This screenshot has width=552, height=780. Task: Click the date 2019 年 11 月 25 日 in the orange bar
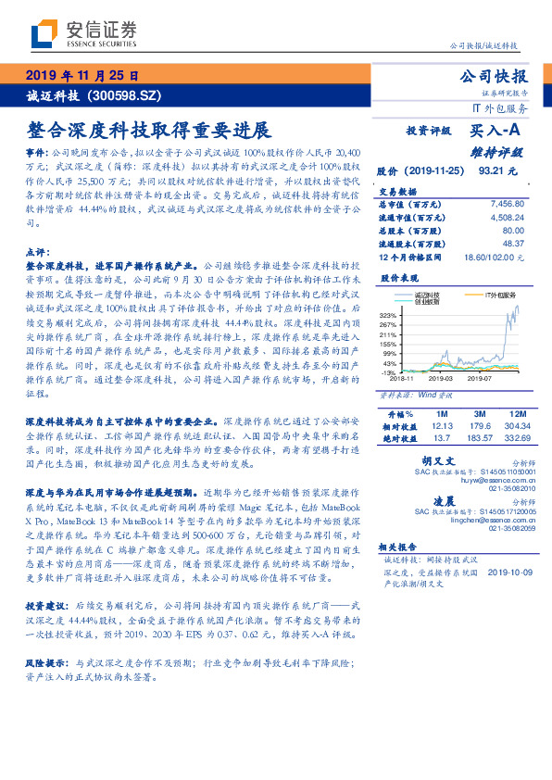(82, 76)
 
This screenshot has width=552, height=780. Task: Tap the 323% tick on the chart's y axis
(389, 315)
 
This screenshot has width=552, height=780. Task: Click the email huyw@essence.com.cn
(488, 480)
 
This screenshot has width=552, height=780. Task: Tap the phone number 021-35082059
(503, 528)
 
